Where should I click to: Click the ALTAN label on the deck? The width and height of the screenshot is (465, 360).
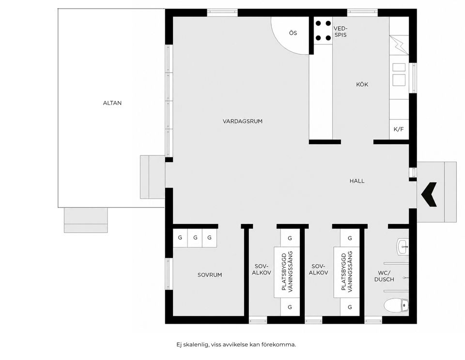[x=112, y=103]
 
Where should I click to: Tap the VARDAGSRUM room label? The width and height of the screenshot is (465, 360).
[x=243, y=121]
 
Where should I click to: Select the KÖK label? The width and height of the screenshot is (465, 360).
[x=362, y=85]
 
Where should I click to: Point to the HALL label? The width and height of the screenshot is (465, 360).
[x=357, y=181]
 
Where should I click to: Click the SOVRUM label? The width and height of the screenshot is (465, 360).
[x=210, y=275]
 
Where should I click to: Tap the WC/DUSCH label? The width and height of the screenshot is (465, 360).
[x=384, y=276]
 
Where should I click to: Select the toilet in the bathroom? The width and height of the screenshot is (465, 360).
[x=396, y=305]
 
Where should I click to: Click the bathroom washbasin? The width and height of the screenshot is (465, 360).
[x=403, y=247]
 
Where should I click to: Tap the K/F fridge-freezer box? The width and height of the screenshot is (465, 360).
[x=399, y=129]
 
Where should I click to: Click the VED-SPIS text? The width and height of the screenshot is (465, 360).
[x=340, y=31]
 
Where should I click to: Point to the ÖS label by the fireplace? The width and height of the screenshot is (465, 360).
[x=293, y=33]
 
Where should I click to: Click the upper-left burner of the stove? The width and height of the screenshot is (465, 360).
[x=318, y=23]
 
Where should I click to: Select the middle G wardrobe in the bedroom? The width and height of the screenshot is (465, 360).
[x=195, y=238]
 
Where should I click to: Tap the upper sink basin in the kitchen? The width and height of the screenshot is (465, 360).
[x=399, y=67]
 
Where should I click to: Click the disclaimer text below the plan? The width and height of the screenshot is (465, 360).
[x=236, y=345]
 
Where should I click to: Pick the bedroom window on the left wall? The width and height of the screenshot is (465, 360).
[x=169, y=274]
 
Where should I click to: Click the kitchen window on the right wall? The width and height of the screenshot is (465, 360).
[x=413, y=78]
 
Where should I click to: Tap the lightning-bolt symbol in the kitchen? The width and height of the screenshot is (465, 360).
[x=400, y=45]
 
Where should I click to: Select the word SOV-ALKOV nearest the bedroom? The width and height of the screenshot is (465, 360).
[x=262, y=270]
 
